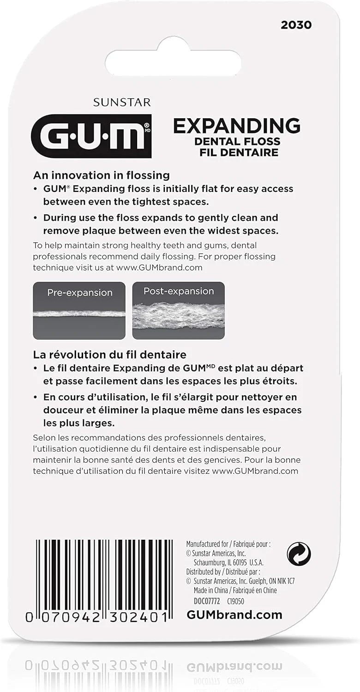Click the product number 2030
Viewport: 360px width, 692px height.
coord(296,25)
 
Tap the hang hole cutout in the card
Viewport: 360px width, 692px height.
coord(173,62)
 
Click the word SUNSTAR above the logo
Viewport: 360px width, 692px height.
coord(122,102)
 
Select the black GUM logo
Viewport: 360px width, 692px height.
coord(91,136)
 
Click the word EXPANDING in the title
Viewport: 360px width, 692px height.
coord(237,126)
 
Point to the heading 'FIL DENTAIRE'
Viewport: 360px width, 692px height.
coord(239,152)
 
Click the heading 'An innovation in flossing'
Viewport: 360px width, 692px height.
coord(101,175)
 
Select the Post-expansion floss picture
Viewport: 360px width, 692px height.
coord(179,310)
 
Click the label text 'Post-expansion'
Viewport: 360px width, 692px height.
coord(179,291)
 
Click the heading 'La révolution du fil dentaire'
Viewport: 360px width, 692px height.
coord(109,355)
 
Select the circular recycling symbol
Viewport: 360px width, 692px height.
coord(299,554)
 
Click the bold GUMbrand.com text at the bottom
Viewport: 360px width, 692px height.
coord(234,615)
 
